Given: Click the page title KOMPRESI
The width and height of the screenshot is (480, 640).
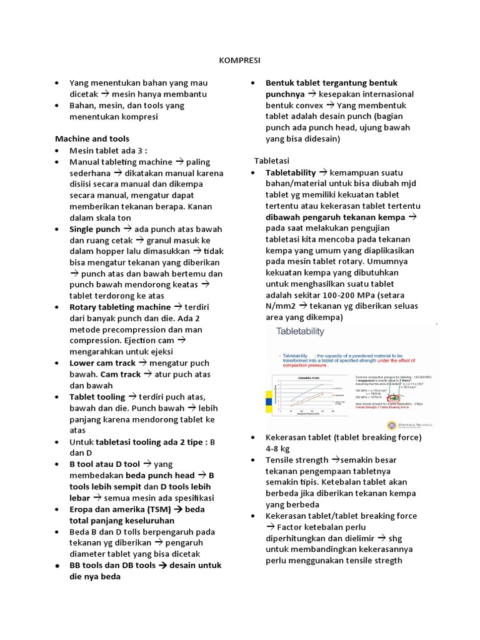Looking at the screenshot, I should [239, 61].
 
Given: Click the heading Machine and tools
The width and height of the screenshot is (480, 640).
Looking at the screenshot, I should [92, 138].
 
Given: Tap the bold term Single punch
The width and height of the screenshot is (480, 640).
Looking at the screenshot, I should [95, 229].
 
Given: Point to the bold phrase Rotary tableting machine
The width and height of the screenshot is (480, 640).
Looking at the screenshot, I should [120, 307].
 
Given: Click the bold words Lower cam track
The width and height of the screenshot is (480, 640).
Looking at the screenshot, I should [102, 362].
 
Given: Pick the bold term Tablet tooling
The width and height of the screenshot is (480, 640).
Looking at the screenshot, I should [97, 397].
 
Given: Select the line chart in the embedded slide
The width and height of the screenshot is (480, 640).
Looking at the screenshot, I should [300, 394].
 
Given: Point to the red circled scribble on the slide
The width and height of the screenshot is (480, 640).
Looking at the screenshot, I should [394, 397].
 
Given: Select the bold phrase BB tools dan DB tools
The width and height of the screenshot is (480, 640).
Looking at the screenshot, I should [112, 565].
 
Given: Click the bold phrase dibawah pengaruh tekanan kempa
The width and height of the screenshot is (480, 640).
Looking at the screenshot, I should [335, 217].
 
